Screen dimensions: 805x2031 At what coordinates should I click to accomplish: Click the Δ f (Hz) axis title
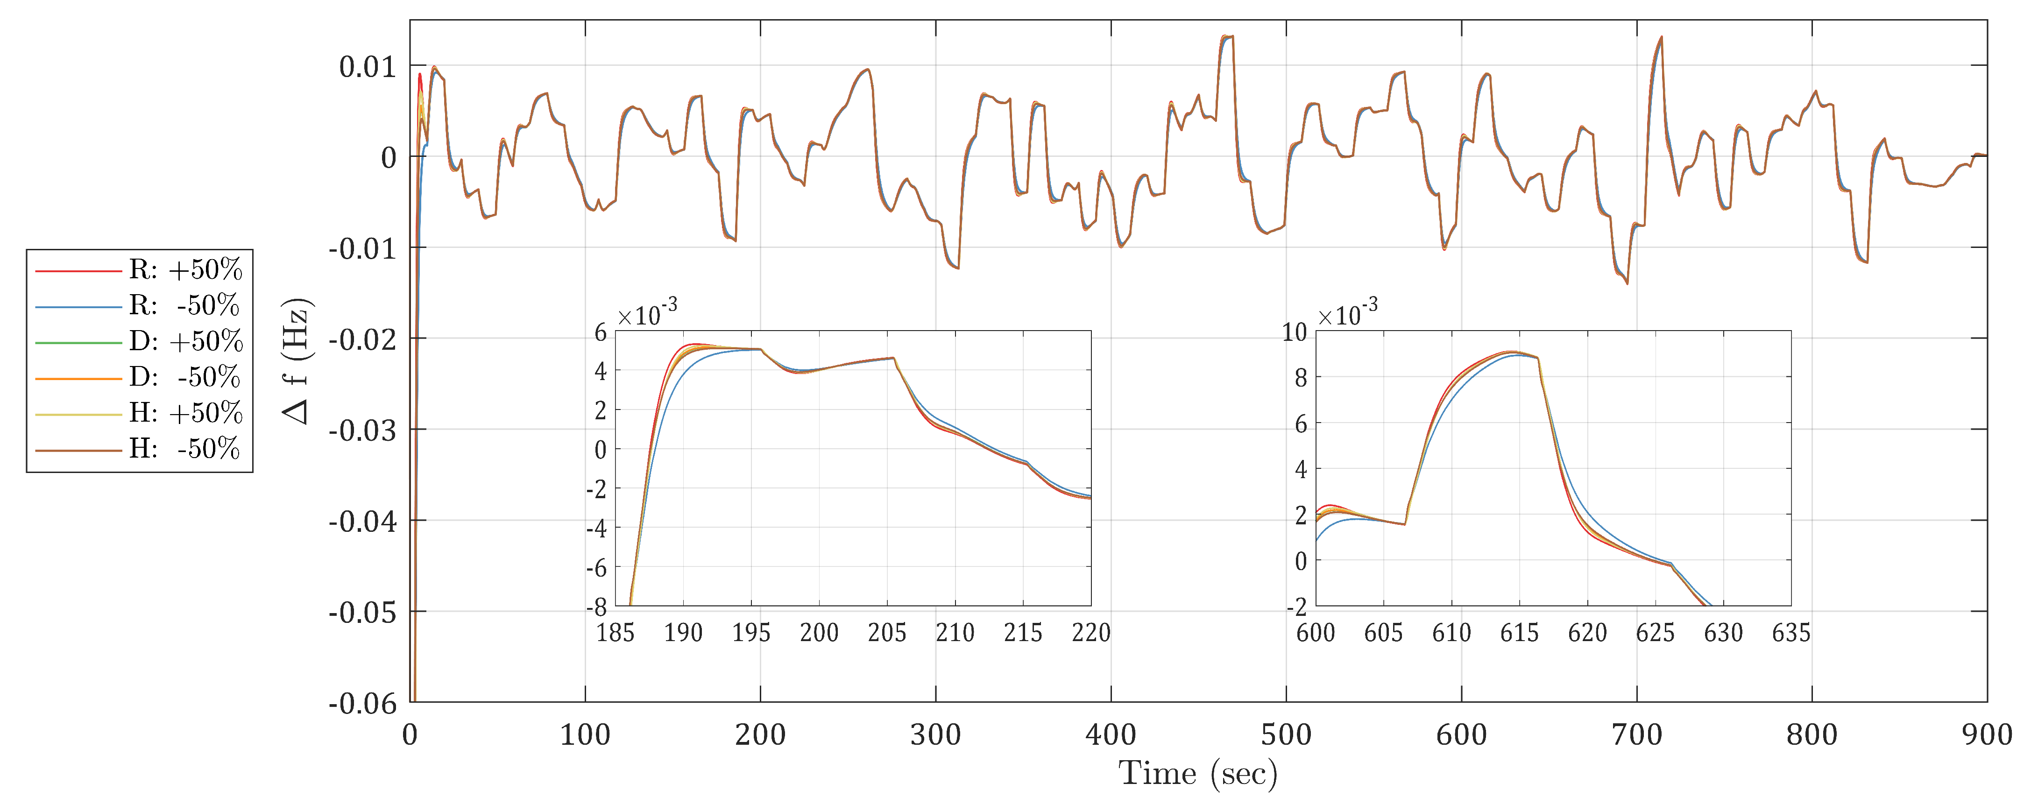tap(297, 361)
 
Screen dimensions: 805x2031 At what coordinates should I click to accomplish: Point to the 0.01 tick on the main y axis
tap(368, 67)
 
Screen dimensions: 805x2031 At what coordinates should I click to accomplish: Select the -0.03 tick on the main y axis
tap(363, 431)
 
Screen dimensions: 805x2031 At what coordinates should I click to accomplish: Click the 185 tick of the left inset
tap(615, 632)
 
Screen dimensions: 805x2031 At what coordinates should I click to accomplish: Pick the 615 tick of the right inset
tap(1519, 632)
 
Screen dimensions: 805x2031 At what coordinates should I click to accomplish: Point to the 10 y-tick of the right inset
tap(1295, 332)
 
